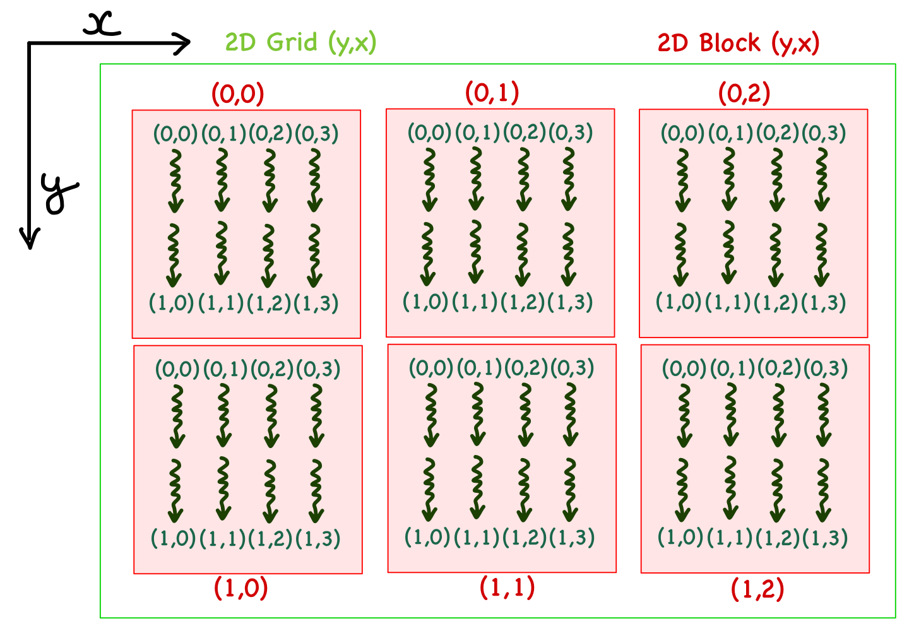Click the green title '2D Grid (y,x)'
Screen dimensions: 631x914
(x=300, y=43)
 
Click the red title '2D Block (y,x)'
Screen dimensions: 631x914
(x=738, y=43)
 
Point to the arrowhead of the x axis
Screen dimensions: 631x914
(x=185, y=44)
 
